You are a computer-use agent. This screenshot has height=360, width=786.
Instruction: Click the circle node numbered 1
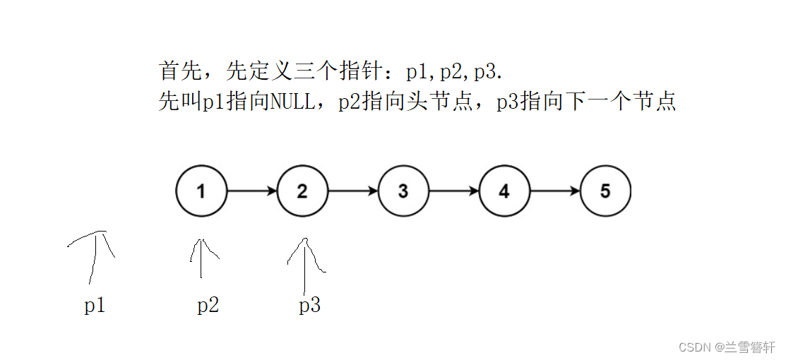pos(201,191)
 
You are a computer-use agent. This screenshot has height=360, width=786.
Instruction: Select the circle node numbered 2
pos(302,191)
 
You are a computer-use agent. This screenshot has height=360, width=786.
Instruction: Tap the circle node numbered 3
pos(403,191)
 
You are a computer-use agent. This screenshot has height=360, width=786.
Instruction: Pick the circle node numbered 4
pos(504,191)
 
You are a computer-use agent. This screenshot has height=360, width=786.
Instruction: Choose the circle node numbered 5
pos(605,191)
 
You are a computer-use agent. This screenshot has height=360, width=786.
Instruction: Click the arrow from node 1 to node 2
pos(252,191)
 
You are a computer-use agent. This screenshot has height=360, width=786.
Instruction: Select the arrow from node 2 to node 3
pos(353,191)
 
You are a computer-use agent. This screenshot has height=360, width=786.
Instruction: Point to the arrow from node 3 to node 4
pos(454,191)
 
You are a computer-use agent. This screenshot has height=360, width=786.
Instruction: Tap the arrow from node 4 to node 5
pos(555,191)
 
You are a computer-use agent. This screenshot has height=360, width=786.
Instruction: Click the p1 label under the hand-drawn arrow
pos(95,306)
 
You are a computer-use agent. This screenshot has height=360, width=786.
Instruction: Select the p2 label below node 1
pos(208,306)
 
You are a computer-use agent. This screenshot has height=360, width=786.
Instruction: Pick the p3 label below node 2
pos(309,306)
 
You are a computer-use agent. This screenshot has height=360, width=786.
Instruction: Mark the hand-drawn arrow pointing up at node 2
pos(305,265)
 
